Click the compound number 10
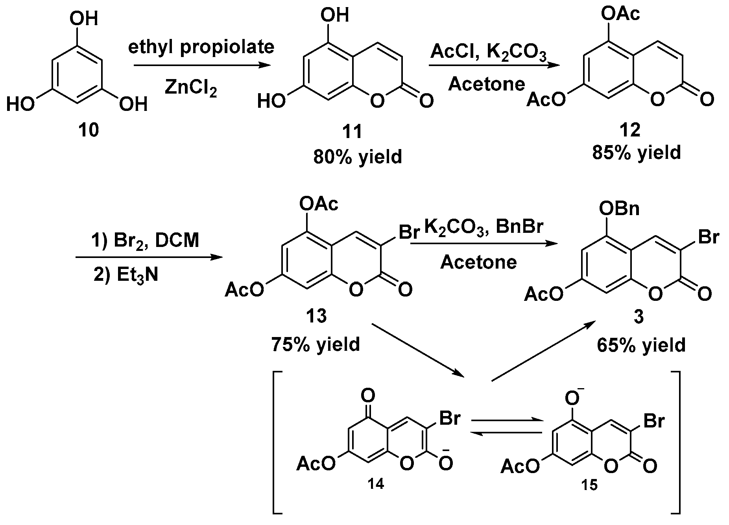pyautogui.click(x=89, y=130)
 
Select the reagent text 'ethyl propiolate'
pyautogui.click(x=201, y=47)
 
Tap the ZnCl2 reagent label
pyautogui.click(x=190, y=87)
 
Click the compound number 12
pyautogui.click(x=630, y=129)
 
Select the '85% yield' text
pyautogui.click(x=636, y=153)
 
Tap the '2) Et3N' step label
pyautogui.click(x=126, y=274)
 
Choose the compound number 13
pyautogui.click(x=316, y=315)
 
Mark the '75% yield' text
pyautogui.click(x=316, y=344)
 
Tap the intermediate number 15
pyautogui.click(x=589, y=485)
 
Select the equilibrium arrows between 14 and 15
pyautogui.click(x=506, y=426)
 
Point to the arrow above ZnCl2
pyautogui.click(x=202, y=66)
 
